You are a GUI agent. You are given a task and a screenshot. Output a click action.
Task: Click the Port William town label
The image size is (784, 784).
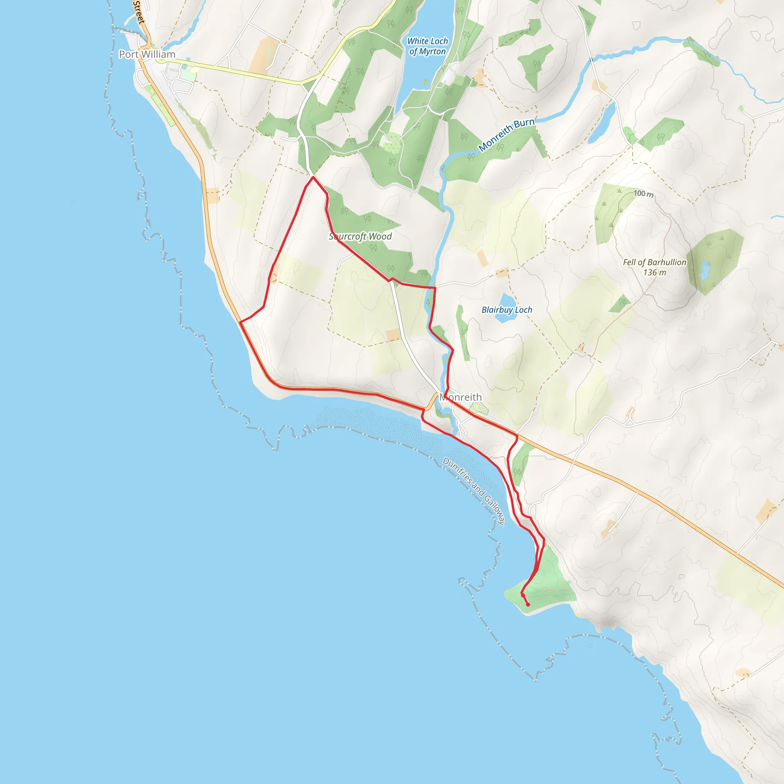point(147,54)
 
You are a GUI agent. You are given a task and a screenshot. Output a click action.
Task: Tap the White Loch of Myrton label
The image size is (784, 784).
point(427,46)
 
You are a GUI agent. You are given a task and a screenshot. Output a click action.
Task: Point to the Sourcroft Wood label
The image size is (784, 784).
point(360,236)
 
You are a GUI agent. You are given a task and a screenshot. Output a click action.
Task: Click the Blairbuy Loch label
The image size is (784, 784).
point(506,310)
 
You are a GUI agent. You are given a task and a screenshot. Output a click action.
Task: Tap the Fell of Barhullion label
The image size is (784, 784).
point(654,263)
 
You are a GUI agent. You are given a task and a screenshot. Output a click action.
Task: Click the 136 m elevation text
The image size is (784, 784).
point(654,273)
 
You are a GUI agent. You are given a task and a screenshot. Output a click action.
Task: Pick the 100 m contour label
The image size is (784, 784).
point(644,194)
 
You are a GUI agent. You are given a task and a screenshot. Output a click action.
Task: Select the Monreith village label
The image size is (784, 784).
point(461,397)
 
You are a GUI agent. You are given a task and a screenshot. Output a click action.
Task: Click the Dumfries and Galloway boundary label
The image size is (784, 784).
point(474,492)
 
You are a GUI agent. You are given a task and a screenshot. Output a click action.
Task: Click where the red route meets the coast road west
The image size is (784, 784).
point(240,322)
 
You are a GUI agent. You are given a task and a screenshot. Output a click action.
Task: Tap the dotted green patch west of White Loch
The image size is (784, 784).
point(392,142)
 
